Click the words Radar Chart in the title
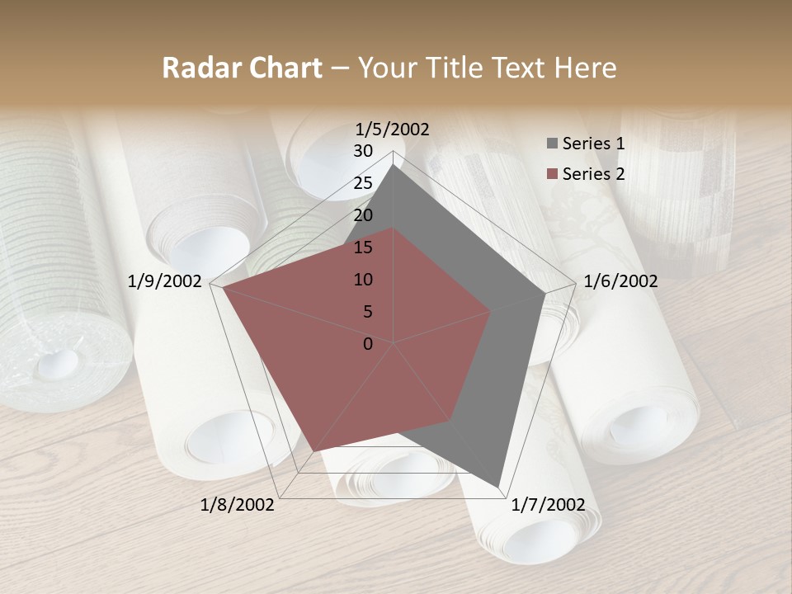242,68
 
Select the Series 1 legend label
593,144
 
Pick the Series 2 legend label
593,174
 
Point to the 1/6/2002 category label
620,281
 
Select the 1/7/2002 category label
548,505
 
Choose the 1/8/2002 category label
238,505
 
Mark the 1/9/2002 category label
165,281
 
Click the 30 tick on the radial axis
363,151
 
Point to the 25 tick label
363,183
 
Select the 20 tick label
363,215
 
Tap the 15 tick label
363,247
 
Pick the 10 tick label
363,280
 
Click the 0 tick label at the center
368,344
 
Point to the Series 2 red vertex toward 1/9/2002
223,288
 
